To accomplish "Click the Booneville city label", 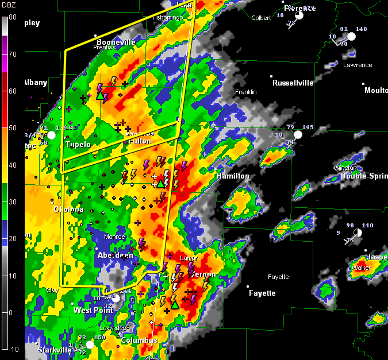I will pos(116,42).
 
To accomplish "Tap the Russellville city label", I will pos(293,83).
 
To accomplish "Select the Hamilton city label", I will pos(233,176).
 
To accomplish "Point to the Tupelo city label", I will pos(78,145).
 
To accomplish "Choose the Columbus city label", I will pos(139,340).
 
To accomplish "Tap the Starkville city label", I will pos(55,350).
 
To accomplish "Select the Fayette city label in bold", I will pos(262,293).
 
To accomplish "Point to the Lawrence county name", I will pos(358,65).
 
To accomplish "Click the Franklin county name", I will pos(245,92).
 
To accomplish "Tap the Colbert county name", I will pos(261,18).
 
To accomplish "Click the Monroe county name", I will pos(114,237).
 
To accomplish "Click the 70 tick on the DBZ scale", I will pos(12,55).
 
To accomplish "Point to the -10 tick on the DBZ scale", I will pos(12,349).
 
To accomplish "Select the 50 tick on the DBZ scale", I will pos(12,128).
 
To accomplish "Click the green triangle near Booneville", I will pos(100,95).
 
